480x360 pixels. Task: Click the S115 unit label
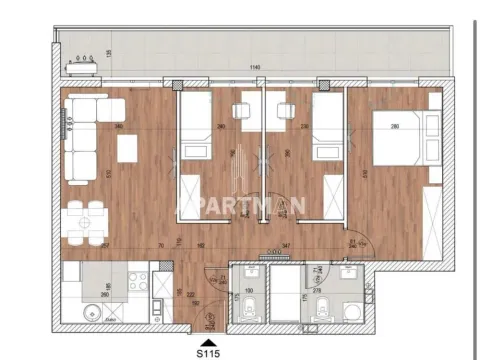tap(207, 352)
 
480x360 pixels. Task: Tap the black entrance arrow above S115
tap(207, 340)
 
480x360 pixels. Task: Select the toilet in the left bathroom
tap(245, 314)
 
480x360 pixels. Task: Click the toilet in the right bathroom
tap(319, 314)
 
